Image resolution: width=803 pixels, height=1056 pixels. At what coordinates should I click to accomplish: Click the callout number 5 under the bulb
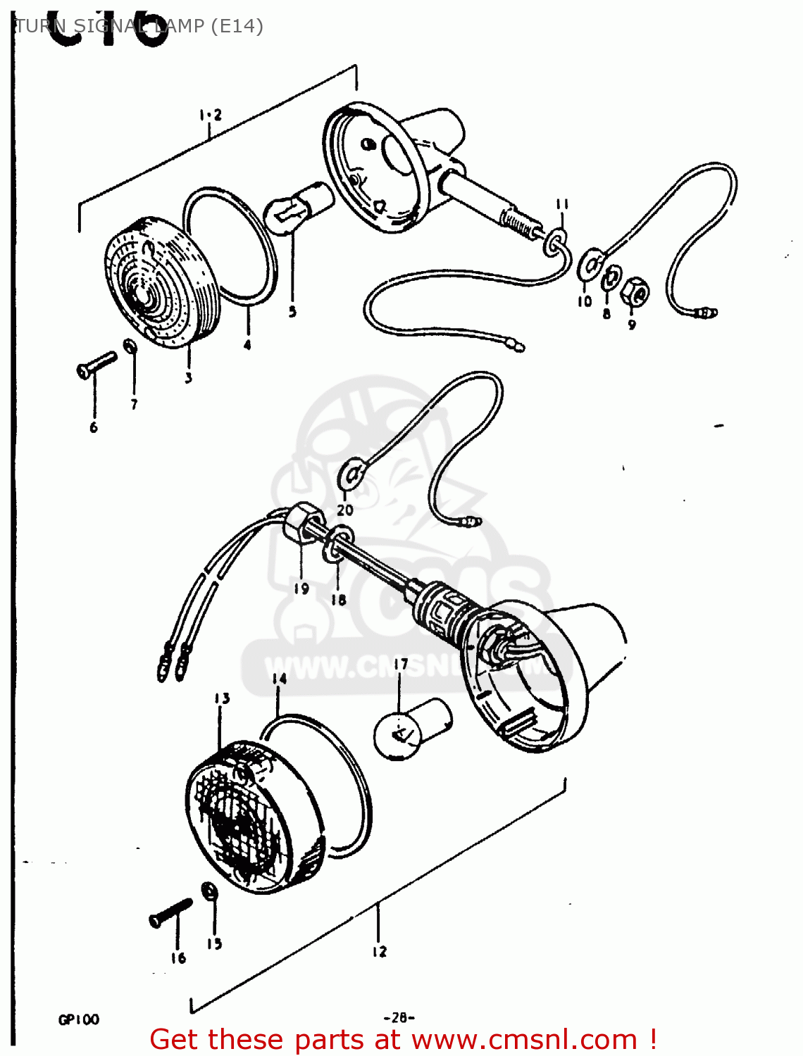[292, 311]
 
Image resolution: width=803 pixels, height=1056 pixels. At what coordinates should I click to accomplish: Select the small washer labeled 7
[130, 346]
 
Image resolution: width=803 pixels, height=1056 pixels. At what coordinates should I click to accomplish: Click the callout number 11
[561, 204]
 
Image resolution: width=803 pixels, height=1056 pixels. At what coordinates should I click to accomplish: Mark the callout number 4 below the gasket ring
[247, 345]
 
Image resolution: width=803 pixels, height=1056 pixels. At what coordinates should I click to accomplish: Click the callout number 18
[338, 599]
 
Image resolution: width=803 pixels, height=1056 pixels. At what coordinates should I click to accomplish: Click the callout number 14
[280, 678]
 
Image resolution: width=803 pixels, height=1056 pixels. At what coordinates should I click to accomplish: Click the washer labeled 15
[209, 892]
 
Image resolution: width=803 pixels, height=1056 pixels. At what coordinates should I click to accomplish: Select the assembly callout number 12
[379, 952]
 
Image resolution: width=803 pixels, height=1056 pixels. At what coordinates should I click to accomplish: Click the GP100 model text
[78, 1019]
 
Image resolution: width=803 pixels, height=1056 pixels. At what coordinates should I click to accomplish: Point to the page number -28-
[399, 1017]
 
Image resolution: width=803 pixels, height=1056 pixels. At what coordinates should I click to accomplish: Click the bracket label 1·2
[210, 114]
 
